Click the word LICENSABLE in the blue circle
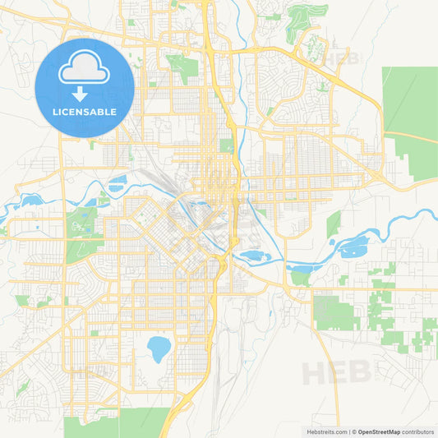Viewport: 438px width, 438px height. [x=85, y=111]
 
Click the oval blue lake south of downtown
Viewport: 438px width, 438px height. [x=159, y=348]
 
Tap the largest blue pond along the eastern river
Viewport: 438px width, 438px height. [x=353, y=245]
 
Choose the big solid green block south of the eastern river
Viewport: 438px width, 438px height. [x=334, y=313]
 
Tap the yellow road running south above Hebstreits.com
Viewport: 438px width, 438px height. [x=337, y=394]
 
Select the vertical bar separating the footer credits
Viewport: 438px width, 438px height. [x=350, y=431]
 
